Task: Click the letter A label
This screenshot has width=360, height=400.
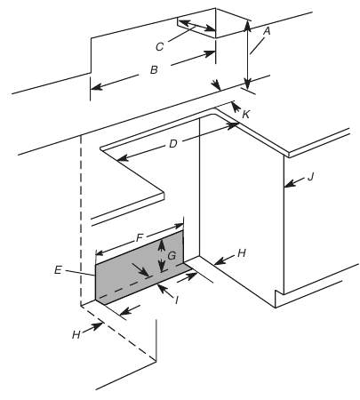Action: pyautogui.click(x=267, y=31)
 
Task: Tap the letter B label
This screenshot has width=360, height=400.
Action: pyautogui.click(x=154, y=70)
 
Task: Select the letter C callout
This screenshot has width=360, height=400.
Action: pyautogui.click(x=159, y=47)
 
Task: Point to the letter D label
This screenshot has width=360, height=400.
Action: pyautogui.click(x=173, y=144)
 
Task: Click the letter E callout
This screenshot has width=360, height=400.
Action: pyautogui.click(x=58, y=270)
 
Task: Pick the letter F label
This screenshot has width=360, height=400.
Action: pyautogui.click(x=140, y=237)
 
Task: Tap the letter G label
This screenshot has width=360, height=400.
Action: pyautogui.click(x=172, y=255)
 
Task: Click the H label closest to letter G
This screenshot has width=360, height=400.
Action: pyautogui.click(x=242, y=253)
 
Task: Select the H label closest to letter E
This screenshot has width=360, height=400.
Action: pyautogui.click(x=76, y=335)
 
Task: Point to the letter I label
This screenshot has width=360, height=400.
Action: pyautogui.click(x=177, y=300)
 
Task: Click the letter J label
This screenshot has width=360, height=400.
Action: pyautogui.click(x=310, y=177)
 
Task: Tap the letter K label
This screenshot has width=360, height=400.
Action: pyautogui.click(x=246, y=114)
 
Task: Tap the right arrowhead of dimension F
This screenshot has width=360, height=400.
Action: pyautogui.click(x=179, y=227)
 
